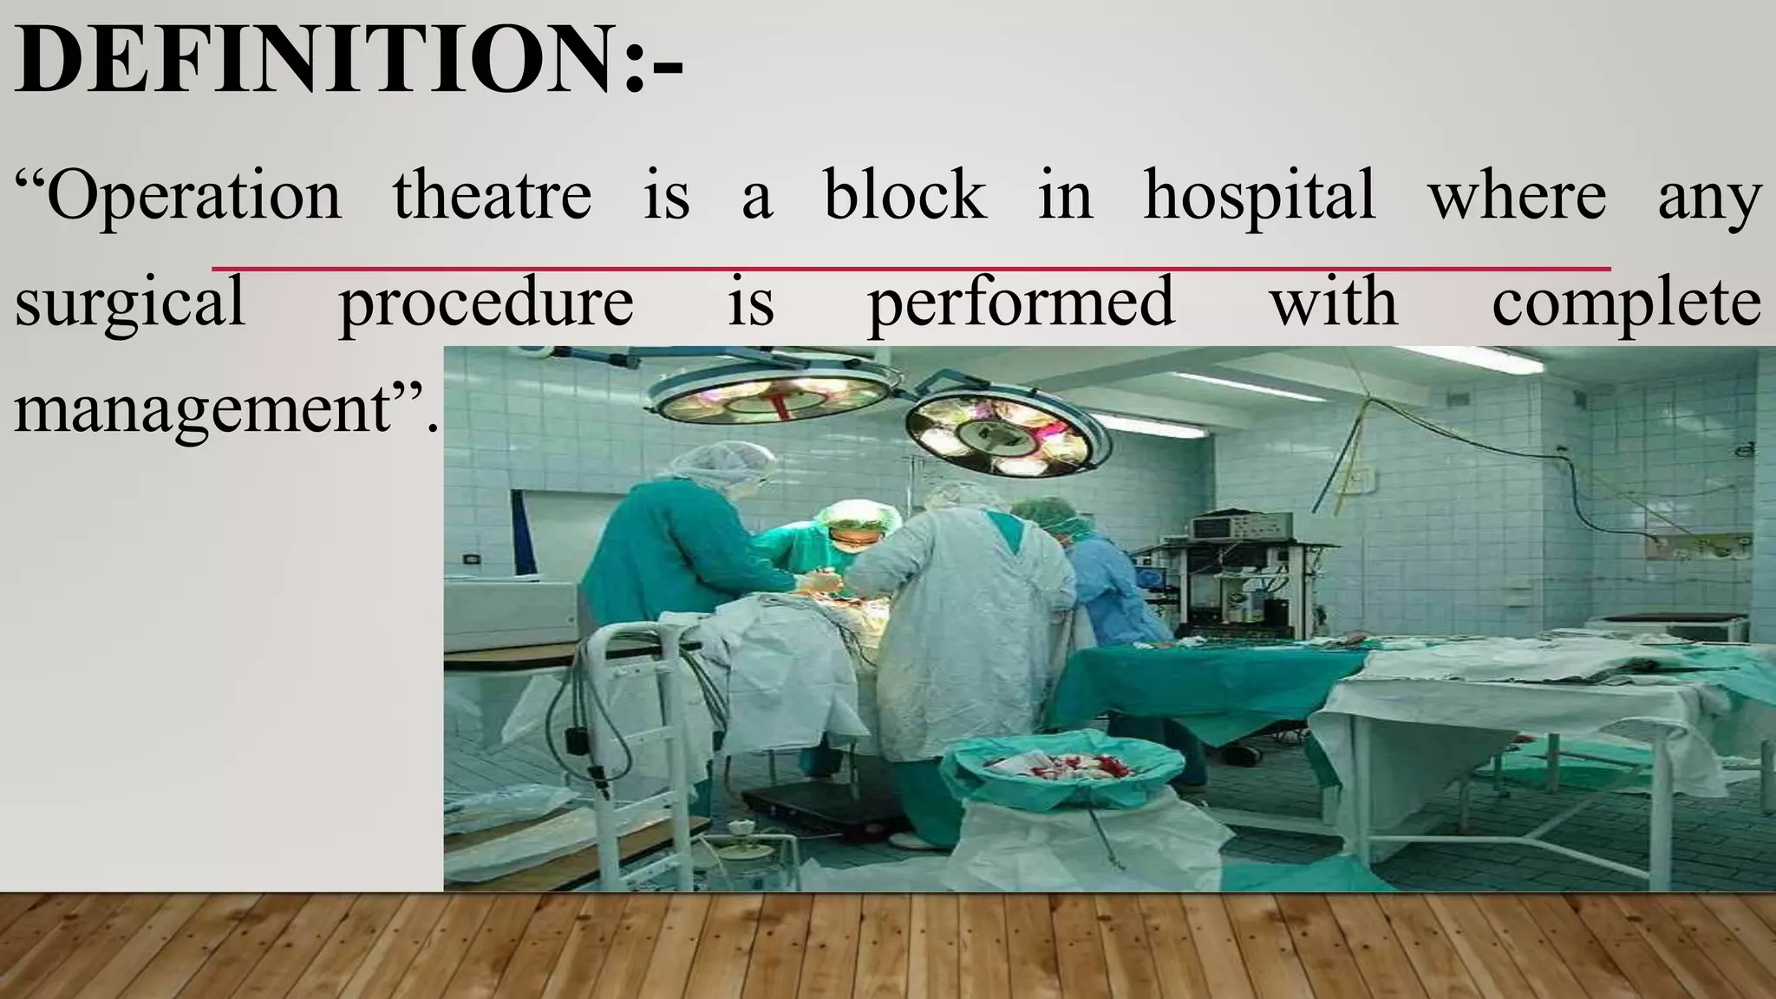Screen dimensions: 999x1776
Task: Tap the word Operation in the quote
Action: click(195, 196)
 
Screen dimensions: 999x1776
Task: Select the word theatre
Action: click(492, 194)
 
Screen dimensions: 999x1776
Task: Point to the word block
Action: click(904, 194)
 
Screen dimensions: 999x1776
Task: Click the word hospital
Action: click(1259, 196)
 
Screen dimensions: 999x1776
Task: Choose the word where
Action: click(1517, 196)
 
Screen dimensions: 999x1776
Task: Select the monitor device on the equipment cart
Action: click(1232, 526)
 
